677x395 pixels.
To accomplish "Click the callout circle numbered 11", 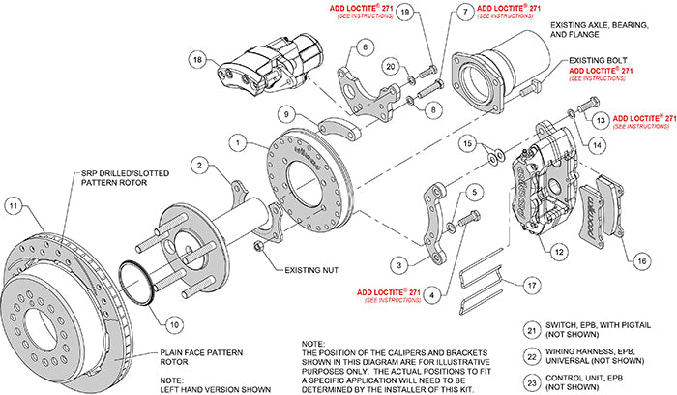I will [x=13, y=204].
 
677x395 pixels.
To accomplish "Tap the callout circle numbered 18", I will [x=199, y=59].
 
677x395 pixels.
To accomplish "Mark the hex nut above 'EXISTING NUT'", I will [x=260, y=248].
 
